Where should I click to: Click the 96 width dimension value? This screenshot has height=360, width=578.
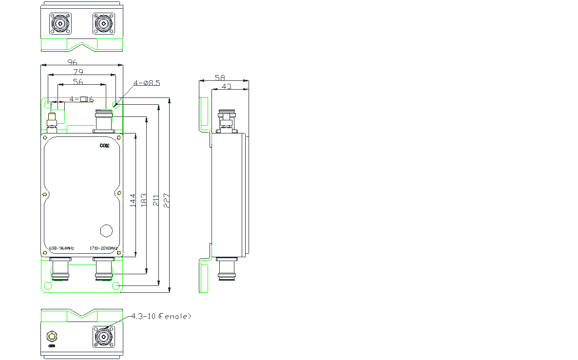tap(72, 62)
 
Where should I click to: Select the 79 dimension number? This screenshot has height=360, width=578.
tap(78, 72)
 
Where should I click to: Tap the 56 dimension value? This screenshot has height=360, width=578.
tap(78, 82)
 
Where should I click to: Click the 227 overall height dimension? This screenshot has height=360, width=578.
tap(167, 201)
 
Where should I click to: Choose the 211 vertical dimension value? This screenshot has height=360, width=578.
tap(156, 201)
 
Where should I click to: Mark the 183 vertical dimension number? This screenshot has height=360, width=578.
tap(144, 201)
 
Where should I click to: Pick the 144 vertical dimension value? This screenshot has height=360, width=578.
tap(133, 201)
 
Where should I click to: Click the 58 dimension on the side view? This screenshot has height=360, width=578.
tap(220, 77)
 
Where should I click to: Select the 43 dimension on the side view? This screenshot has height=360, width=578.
tap(227, 87)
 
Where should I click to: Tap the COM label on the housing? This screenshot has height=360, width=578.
tap(105, 146)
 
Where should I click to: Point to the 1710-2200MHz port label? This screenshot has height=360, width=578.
tap(104, 248)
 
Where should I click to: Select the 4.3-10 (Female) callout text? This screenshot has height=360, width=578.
tap(161, 316)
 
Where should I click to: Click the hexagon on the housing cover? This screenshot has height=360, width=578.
tap(106, 230)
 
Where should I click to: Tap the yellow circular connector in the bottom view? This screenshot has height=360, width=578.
tap(52, 337)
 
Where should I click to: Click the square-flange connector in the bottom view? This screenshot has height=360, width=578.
tap(103, 337)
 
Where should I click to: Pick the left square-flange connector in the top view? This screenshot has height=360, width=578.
tap(59, 23)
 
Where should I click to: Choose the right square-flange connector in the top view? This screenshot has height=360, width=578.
tap(103, 23)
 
